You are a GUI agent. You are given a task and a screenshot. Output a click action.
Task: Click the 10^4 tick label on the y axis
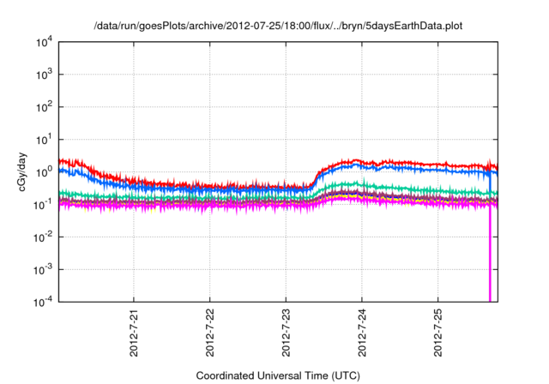(x=42, y=43)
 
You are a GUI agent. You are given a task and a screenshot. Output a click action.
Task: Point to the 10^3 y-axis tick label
(x=42, y=75)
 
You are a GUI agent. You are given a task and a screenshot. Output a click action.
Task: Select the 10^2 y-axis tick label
(x=42, y=107)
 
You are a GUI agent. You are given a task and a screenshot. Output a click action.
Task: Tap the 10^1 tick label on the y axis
(x=42, y=140)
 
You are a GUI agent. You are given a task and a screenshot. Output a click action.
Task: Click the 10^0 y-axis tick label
(x=42, y=172)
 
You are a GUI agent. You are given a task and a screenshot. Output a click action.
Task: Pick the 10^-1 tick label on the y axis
(x=41, y=204)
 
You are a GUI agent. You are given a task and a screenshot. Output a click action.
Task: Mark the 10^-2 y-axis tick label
(x=41, y=237)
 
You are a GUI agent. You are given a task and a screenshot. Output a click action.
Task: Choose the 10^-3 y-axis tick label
(x=41, y=269)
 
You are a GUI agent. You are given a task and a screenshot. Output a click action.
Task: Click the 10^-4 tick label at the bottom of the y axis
(x=41, y=301)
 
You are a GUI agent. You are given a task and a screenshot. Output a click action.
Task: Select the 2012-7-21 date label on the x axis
(x=135, y=331)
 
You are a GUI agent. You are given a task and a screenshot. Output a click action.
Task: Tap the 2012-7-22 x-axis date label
(x=210, y=331)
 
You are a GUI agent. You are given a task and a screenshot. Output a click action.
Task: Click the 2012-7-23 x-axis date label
(x=287, y=331)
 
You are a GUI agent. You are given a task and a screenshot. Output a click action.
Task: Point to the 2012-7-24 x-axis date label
(x=362, y=331)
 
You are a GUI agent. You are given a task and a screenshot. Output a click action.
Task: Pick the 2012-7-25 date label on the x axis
(x=438, y=331)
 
